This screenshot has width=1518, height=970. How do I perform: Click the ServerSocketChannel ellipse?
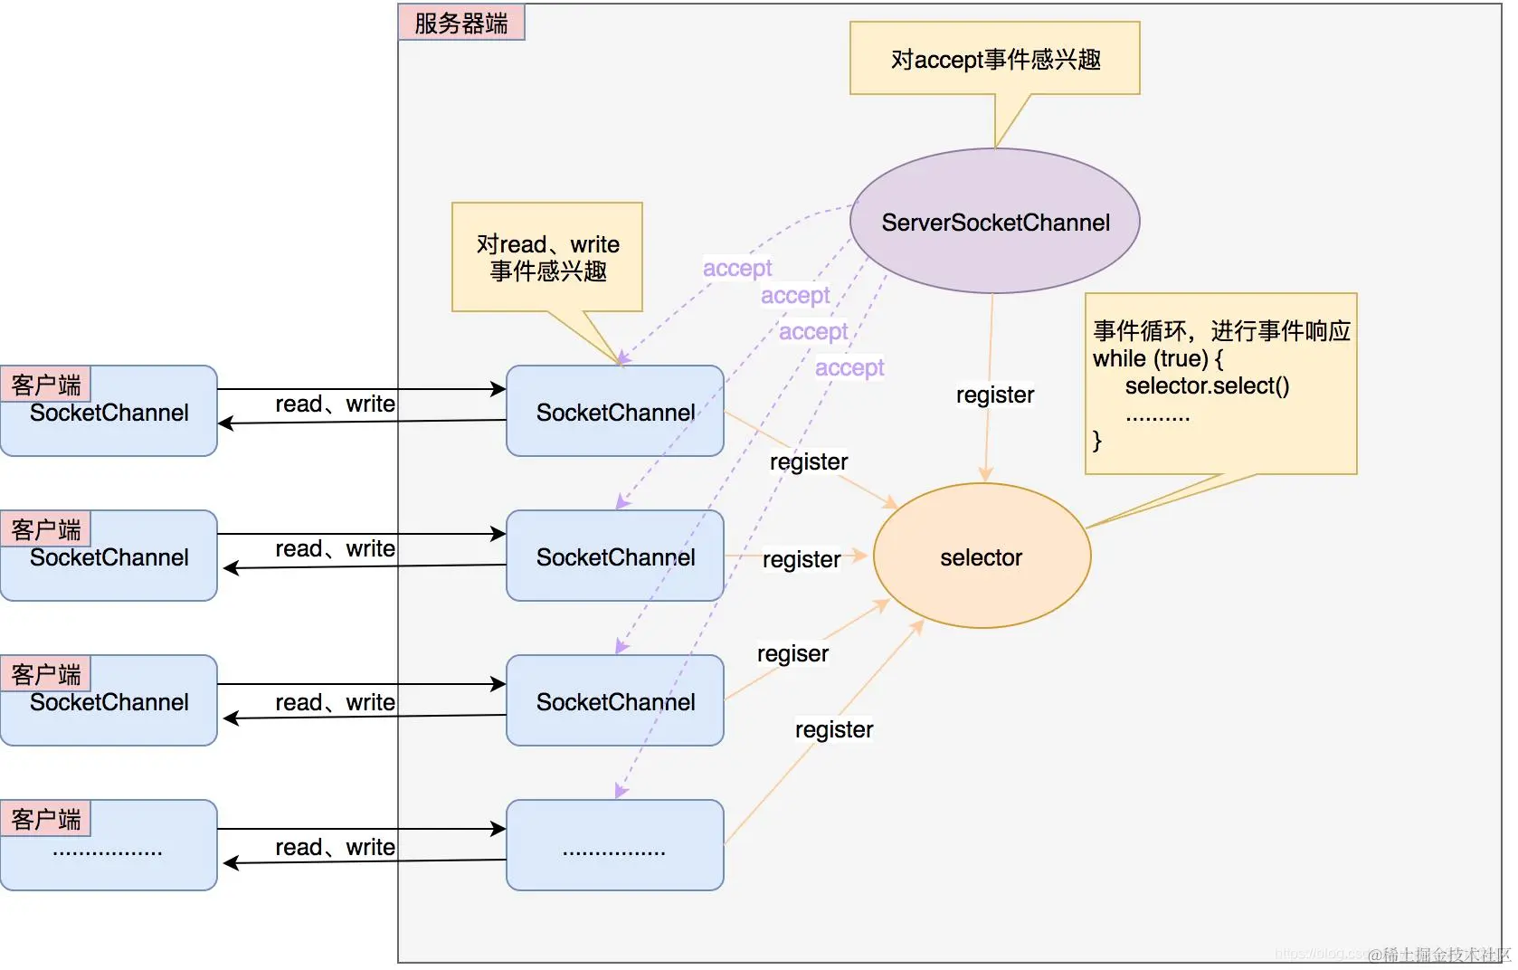click(x=994, y=222)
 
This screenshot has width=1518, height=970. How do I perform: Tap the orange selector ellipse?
click(x=982, y=556)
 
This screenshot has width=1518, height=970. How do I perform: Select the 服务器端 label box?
click(x=461, y=23)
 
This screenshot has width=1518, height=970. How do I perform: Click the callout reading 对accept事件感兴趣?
click(x=994, y=59)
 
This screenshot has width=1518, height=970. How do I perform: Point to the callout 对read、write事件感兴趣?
click(x=547, y=257)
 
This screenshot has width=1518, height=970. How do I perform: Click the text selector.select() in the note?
click(x=1207, y=386)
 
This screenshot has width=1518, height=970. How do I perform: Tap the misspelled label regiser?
click(x=792, y=653)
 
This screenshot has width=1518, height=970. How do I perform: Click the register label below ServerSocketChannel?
click(x=994, y=395)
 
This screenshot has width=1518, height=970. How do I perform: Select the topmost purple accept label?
click(x=737, y=268)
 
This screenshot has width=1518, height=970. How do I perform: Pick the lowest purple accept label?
click(x=849, y=367)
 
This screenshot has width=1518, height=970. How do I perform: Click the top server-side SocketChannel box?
click(x=615, y=412)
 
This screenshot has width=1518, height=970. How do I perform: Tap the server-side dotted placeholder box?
click(x=615, y=846)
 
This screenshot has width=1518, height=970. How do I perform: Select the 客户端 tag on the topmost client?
click(x=46, y=385)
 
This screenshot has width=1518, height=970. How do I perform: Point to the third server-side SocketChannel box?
click(x=615, y=701)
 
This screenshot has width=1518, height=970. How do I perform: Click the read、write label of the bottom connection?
click(x=335, y=847)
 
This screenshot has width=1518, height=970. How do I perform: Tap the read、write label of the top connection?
click(x=335, y=404)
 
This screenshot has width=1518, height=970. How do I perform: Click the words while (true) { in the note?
click(x=1157, y=358)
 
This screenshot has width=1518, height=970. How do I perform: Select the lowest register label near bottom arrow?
click(x=833, y=729)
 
